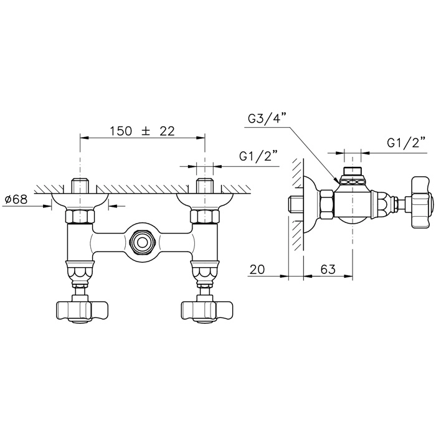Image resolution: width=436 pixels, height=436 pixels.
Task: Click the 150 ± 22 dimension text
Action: click(143, 131)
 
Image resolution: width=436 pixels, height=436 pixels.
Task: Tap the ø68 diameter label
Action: click(16, 199)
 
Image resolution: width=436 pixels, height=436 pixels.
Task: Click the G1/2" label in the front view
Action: click(258, 156)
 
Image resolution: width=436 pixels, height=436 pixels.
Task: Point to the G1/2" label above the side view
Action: click(406, 143)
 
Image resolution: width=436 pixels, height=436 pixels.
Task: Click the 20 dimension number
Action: click(257, 269)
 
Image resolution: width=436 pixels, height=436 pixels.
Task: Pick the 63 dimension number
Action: click(328, 269)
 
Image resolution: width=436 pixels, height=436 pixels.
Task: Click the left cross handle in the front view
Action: click(82, 311)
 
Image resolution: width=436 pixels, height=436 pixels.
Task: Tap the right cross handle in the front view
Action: click(206, 311)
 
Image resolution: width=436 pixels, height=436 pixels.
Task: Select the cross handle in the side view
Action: click(422, 202)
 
